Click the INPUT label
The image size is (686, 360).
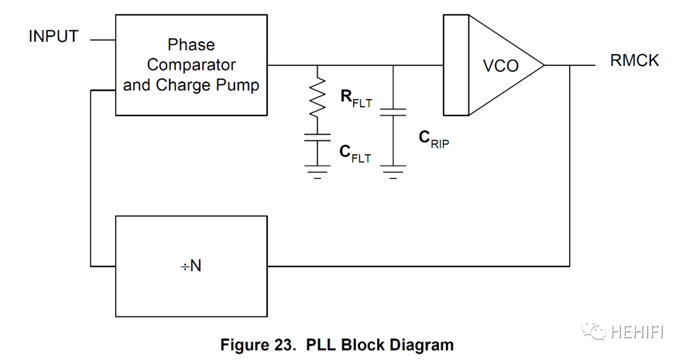coord(53,37)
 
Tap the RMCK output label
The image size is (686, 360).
coord(635,60)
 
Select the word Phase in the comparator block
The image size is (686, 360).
coord(191,45)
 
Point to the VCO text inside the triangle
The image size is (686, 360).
coord(501,65)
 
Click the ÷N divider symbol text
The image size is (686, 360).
coord(191,266)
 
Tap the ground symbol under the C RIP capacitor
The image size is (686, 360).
coord(394,172)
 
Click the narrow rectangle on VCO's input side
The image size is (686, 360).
coord(455,65)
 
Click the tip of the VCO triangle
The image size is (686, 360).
coord(544,65)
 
